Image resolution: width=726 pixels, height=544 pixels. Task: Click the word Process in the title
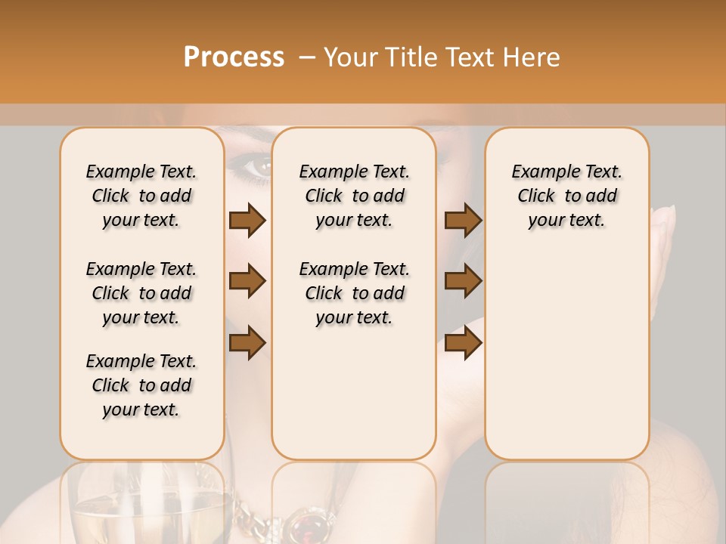click(234, 57)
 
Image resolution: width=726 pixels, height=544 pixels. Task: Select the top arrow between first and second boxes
click(247, 221)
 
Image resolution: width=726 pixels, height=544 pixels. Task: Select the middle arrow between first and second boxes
click(247, 282)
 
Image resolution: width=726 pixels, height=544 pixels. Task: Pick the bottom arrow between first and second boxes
click(247, 343)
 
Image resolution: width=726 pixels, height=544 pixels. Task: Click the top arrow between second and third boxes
click(463, 221)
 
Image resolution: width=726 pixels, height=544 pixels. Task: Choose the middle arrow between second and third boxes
click(463, 282)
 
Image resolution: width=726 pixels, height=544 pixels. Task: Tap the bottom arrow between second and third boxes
click(463, 343)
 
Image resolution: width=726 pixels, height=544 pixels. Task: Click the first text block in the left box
click(141, 196)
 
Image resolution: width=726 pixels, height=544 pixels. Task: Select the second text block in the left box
click(141, 293)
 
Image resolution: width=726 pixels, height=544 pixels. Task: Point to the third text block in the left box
click(141, 385)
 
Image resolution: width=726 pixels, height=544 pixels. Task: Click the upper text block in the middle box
click(355, 196)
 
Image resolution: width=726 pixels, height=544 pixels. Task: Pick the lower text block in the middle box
click(355, 293)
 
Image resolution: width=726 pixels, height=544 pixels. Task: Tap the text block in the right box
click(567, 196)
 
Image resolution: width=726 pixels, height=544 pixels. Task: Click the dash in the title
click(307, 57)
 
